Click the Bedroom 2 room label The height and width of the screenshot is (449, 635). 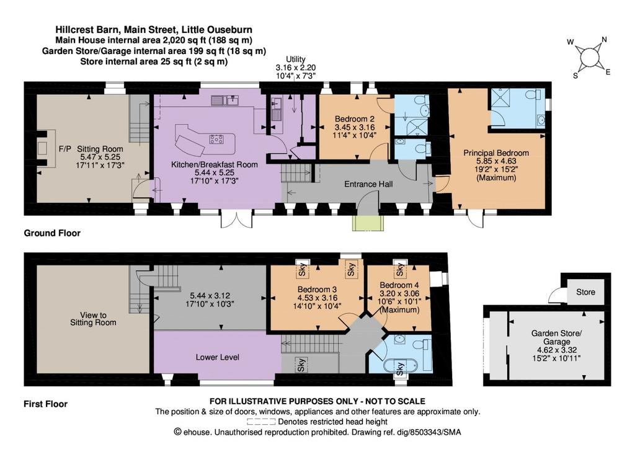coord(354,119)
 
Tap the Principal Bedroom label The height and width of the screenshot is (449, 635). coord(496,153)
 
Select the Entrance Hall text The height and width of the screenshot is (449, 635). coord(368,184)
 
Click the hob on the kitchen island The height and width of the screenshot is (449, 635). coord(216,140)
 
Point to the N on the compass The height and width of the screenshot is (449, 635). coord(604,40)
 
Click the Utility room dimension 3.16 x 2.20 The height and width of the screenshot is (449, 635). coord(296,68)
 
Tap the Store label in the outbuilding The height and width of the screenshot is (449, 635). coord(585,292)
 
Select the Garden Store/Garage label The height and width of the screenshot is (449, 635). coord(557,337)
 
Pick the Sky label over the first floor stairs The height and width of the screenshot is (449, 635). coord(301,365)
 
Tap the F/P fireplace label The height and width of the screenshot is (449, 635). coord(64,149)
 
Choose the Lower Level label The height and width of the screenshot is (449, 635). coord(218,357)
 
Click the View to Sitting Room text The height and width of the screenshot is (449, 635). coord(93,319)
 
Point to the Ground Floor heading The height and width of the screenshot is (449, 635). coord(52,233)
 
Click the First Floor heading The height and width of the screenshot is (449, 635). coord(45,404)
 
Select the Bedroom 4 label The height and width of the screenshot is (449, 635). coord(399,285)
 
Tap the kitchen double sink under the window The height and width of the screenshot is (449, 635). coord(224,100)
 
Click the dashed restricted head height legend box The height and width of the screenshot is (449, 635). coord(261,422)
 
